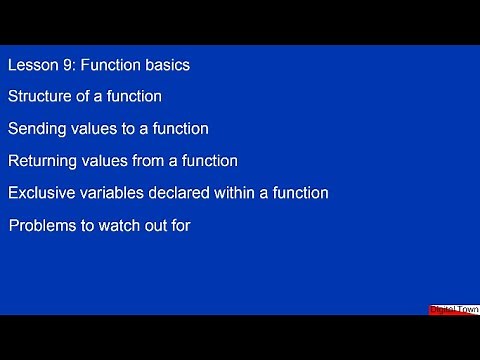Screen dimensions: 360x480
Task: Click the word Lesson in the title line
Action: (31, 65)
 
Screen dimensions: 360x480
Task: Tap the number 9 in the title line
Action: (65, 65)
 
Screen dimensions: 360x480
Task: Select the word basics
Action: (166, 65)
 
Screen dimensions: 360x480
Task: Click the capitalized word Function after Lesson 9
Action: (110, 65)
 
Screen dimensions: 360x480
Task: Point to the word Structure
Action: (39, 97)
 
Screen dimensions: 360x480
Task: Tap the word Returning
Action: (43, 160)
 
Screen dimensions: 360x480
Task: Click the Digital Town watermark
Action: (454, 310)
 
